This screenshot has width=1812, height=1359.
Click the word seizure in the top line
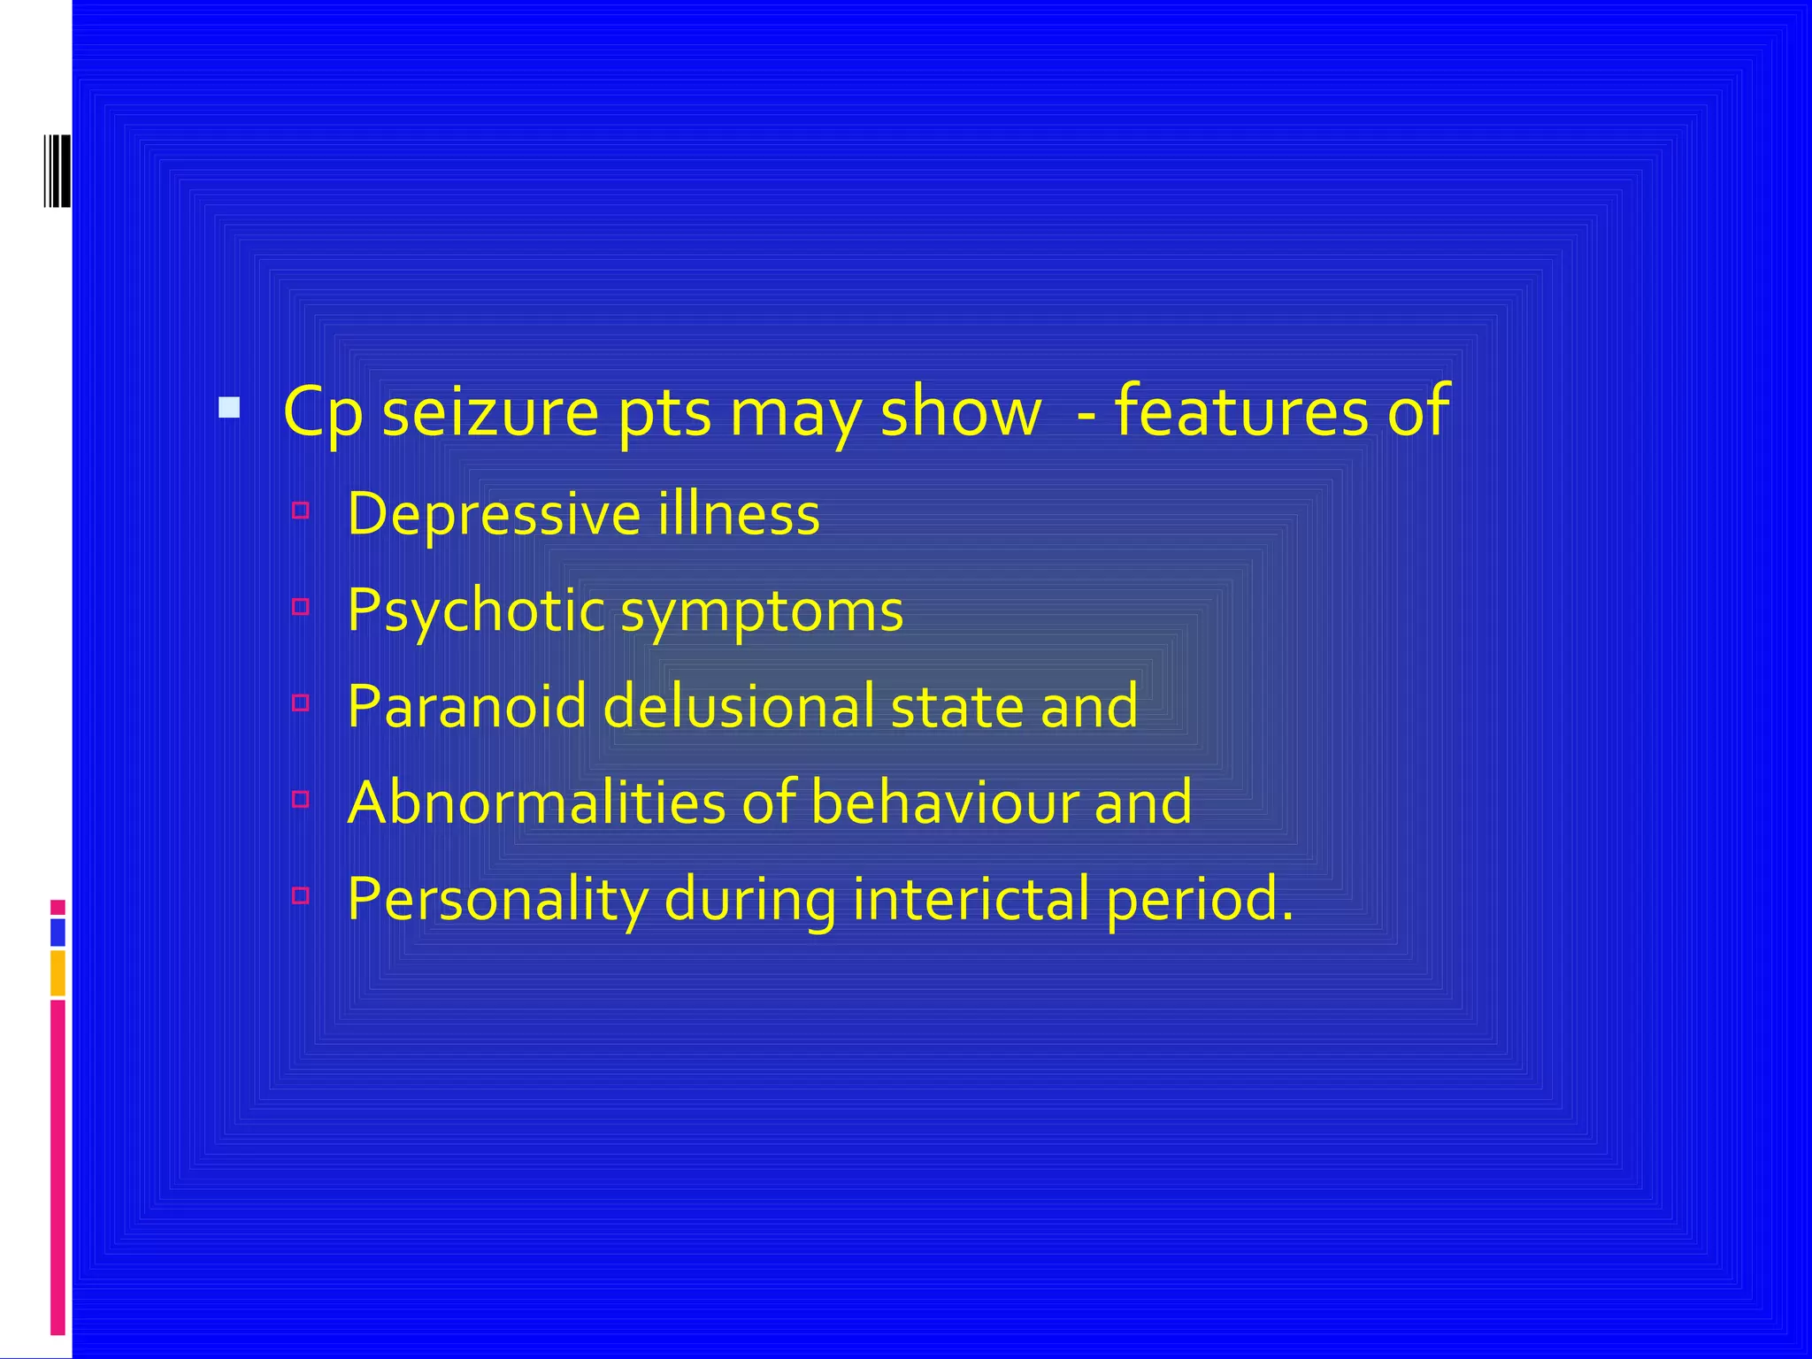coord(490,412)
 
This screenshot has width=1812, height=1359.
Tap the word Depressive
coord(492,514)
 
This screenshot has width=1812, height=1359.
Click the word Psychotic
coord(476,610)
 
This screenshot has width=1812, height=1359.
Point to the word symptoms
coord(762,612)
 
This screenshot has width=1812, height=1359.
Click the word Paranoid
coord(467,706)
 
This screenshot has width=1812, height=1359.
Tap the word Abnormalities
coord(536,802)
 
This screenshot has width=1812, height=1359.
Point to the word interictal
coord(971,899)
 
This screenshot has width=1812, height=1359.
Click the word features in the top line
coord(1241,412)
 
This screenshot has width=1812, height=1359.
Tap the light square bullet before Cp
coord(229,408)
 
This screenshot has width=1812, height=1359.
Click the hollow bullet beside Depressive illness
coord(301,511)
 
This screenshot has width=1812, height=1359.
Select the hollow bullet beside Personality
coord(301,895)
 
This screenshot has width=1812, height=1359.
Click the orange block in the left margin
coord(58,973)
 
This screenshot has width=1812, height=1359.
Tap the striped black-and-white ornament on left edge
coord(57,172)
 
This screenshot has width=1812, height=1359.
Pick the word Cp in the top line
coord(322,414)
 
